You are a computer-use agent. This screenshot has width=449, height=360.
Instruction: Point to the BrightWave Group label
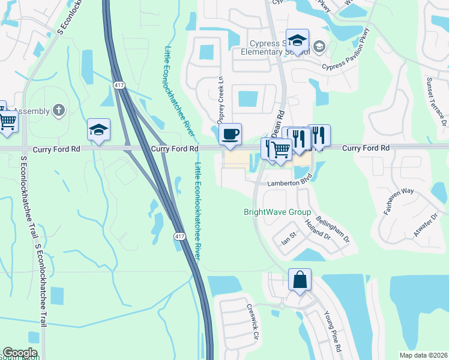pyautogui.click(x=277, y=212)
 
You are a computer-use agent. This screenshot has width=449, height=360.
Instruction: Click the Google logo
pyautogui.click(x=20, y=353)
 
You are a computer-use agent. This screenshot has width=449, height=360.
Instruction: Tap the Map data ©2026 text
pyautogui.click(x=423, y=355)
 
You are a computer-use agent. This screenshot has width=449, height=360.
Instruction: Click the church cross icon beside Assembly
pyautogui.click(x=58, y=110)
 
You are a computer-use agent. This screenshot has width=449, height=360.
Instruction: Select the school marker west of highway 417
pyautogui.click(x=98, y=130)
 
